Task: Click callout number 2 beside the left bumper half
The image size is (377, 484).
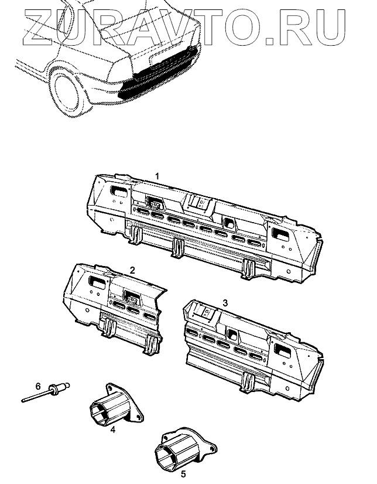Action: click(132, 271)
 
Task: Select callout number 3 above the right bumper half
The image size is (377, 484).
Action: click(225, 303)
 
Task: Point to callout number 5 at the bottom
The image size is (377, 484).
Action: click(183, 473)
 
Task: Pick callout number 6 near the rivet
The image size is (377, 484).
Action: click(38, 387)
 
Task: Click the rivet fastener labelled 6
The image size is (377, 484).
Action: click(50, 391)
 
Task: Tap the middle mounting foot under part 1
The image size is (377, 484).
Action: click(177, 247)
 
